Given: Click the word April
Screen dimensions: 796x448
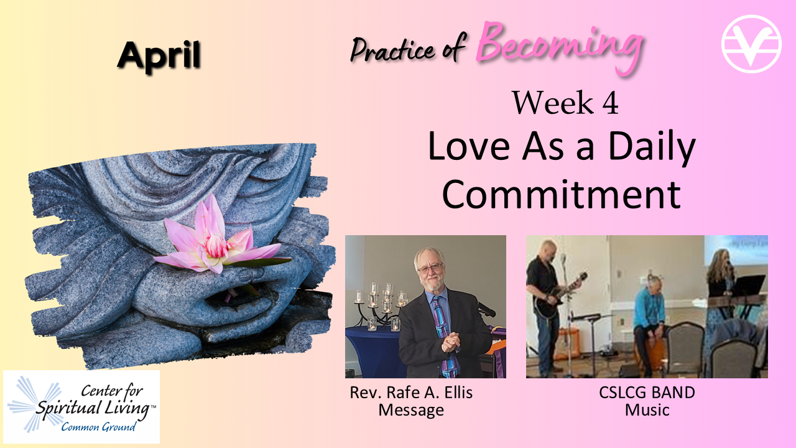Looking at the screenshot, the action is (x=159, y=57).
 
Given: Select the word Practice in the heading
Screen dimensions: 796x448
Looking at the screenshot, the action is (x=392, y=50).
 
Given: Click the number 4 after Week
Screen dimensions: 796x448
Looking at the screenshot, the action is (x=610, y=103).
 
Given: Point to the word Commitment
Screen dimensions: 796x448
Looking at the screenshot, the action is (x=562, y=195).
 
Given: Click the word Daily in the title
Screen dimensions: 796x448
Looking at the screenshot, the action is (x=651, y=147).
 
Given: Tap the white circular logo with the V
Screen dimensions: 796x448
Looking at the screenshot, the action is (x=751, y=44).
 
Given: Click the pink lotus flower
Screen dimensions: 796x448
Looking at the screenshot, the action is (x=217, y=238).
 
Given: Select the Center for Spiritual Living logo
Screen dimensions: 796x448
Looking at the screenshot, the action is (x=81, y=406).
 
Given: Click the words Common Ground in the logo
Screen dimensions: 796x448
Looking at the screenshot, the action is (x=98, y=426).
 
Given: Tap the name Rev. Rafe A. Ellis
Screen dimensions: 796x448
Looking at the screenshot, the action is (x=411, y=393).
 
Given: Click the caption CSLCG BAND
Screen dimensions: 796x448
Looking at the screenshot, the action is (x=647, y=393).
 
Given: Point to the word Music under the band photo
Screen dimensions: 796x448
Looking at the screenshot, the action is (x=647, y=409).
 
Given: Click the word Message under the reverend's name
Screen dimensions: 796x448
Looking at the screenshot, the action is (x=411, y=410).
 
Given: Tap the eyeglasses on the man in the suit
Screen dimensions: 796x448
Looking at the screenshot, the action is (x=431, y=268).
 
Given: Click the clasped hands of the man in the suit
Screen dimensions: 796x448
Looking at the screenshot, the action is (x=450, y=342).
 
